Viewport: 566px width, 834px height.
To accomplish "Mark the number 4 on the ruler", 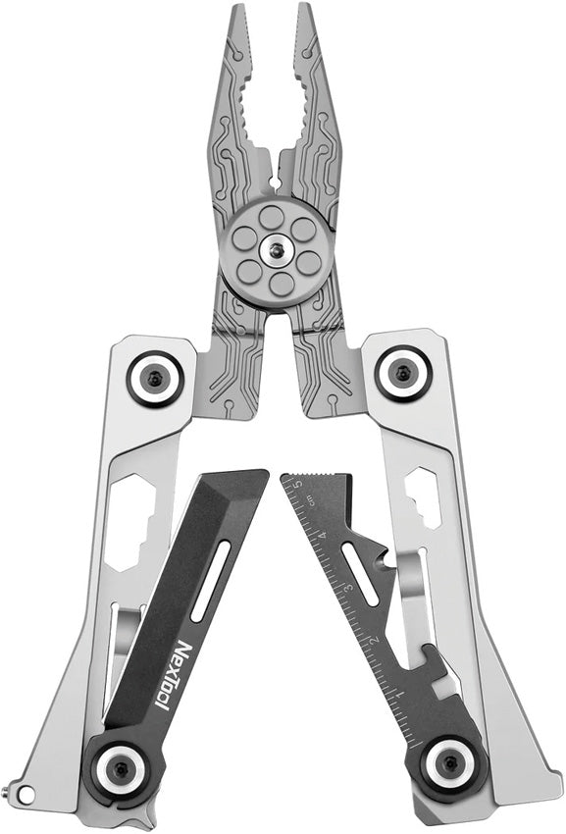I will [x=324, y=535].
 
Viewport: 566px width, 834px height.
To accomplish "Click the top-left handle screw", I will [x=155, y=375].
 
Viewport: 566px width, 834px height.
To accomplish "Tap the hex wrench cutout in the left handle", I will [x=128, y=520].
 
